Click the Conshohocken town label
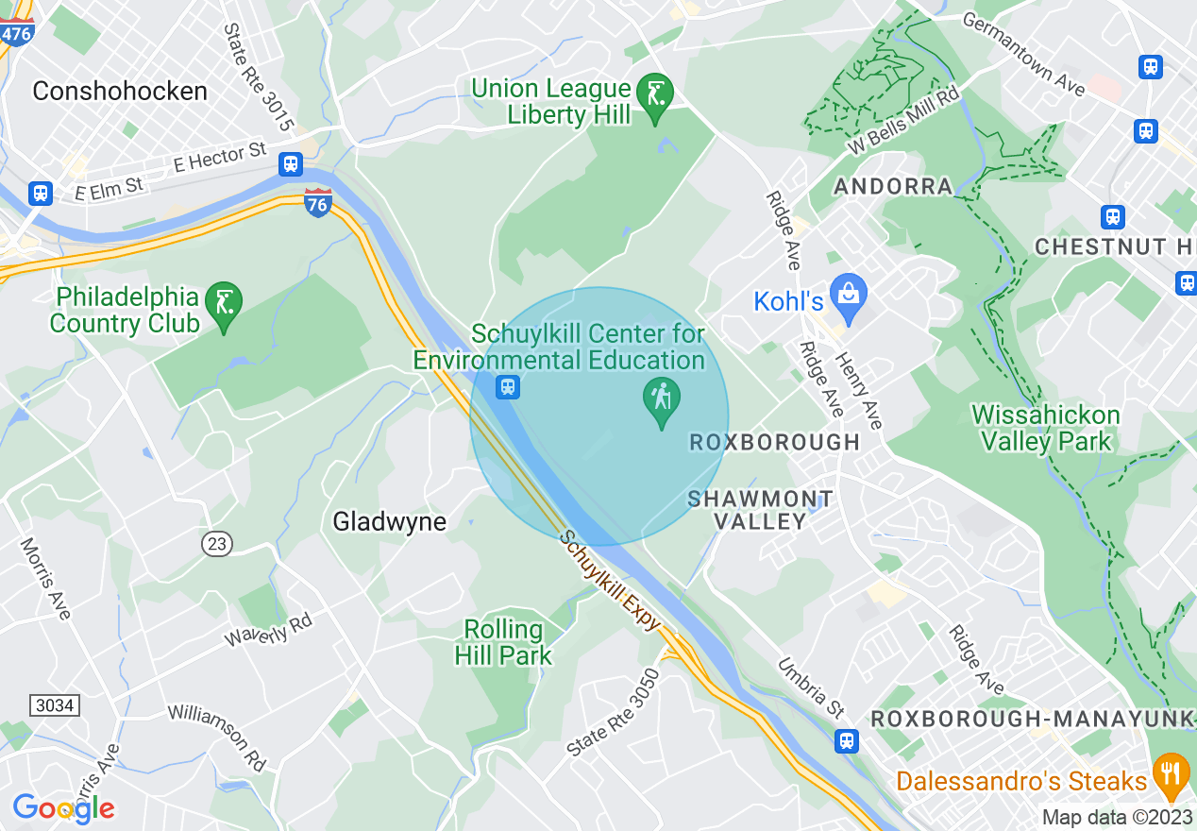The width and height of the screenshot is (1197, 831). (x=119, y=92)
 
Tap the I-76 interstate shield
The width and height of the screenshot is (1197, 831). (x=318, y=202)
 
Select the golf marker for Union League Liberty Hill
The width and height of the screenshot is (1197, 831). (x=654, y=95)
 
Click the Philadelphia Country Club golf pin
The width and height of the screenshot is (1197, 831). (x=224, y=304)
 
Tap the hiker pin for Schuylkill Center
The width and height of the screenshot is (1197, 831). (x=662, y=400)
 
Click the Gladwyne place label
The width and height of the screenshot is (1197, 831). (x=389, y=521)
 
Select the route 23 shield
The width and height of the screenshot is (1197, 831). (x=216, y=543)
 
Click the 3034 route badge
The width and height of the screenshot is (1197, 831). (x=54, y=705)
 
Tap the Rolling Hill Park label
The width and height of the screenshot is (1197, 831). (x=503, y=642)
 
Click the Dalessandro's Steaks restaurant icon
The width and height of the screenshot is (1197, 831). (x=1171, y=775)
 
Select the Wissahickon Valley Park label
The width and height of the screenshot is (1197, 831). (x=1045, y=428)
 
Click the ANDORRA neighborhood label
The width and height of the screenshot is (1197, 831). (x=893, y=186)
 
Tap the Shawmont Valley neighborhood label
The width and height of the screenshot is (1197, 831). (x=760, y=509)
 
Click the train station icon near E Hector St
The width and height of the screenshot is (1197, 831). (x=291, y=164)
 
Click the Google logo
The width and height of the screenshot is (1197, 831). (x=64, y=808)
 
